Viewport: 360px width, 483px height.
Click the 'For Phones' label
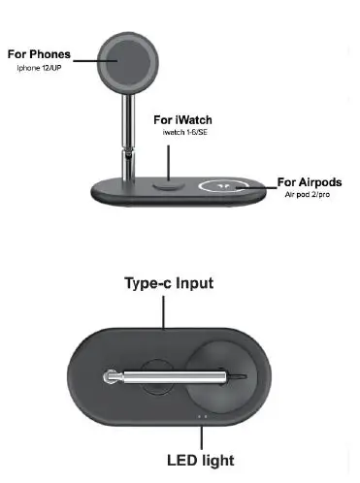coord(39,53)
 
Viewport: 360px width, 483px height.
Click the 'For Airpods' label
coord(309,181)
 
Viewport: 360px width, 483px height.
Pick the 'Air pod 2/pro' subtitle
coord(310,195)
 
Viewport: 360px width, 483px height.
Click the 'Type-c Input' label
coord(169,283)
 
